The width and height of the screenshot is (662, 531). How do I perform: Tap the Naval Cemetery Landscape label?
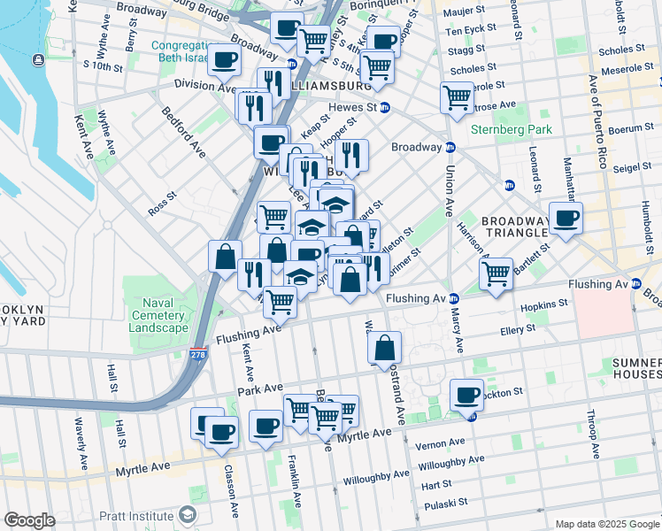158,315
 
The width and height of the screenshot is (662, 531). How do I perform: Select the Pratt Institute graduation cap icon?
187,514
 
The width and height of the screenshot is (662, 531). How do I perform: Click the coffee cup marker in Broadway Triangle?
566,218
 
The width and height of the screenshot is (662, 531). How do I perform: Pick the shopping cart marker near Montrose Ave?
457,96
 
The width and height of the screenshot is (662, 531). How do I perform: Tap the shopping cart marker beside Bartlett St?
496,273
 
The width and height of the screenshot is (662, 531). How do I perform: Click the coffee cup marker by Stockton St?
466,395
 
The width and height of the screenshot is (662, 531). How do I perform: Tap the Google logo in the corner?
29,520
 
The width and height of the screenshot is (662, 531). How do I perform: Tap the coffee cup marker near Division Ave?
224,60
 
